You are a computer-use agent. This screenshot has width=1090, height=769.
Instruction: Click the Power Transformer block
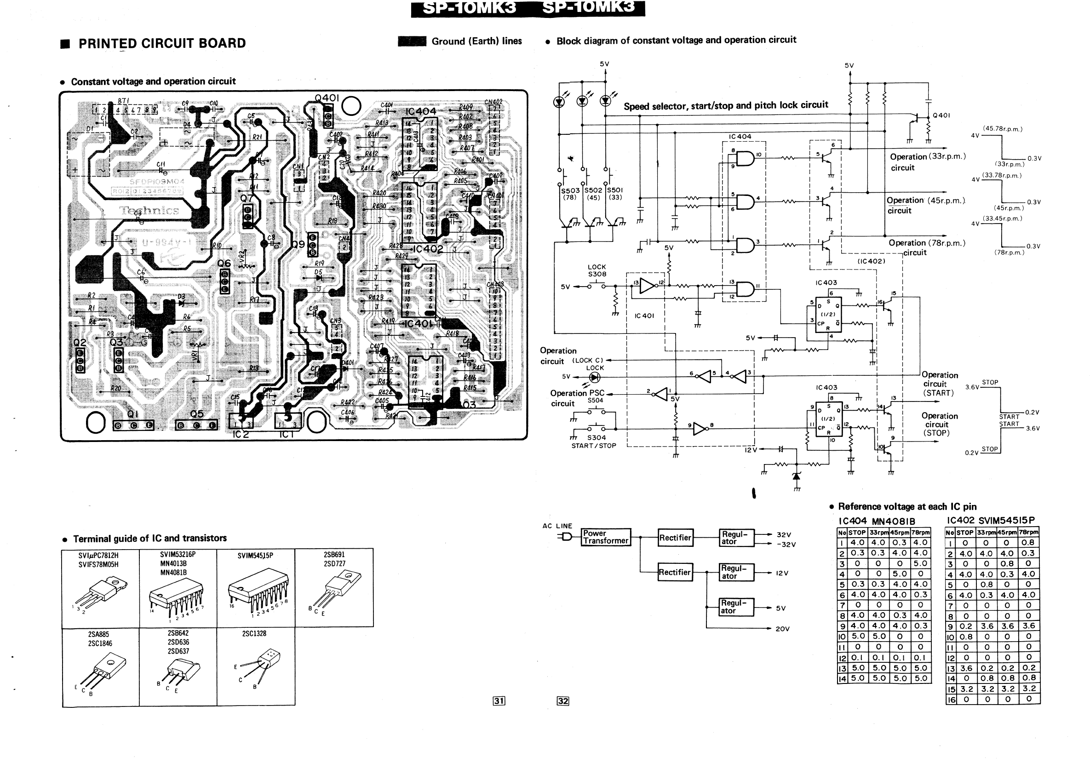(x=605, y=537)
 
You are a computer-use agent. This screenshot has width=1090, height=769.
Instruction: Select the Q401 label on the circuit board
(x=327, y=98)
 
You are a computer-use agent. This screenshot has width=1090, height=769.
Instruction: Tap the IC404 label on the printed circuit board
(x=420, y=112)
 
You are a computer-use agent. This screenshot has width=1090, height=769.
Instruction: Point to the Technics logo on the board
(x=149, y=210)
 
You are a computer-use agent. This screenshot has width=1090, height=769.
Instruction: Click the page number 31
(x=499, y=700)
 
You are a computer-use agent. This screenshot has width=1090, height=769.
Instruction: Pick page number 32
(x=562, y=700)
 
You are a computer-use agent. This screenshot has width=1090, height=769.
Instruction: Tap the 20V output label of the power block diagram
(x=782, y=629)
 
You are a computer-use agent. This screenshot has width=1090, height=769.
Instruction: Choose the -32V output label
(x=785, y=545)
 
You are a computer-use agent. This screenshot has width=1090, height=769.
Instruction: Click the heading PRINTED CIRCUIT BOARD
(x=162, y=44)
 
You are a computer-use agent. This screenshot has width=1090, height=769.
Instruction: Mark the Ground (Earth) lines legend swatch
(x=412, y=41)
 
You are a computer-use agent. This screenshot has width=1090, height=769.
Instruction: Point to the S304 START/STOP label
(x=594, y=442)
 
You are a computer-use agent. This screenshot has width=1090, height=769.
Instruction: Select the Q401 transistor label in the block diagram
(x=941, y=115)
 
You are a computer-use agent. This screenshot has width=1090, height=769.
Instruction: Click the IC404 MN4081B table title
(x=876, y=521)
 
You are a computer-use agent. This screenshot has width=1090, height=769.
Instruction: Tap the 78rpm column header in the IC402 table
(x=1028, y=532)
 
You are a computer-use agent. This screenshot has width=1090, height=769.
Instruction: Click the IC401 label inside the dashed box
(x=644, y=316)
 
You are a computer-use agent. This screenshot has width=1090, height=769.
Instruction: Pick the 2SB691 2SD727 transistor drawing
(x=335, y=589)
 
